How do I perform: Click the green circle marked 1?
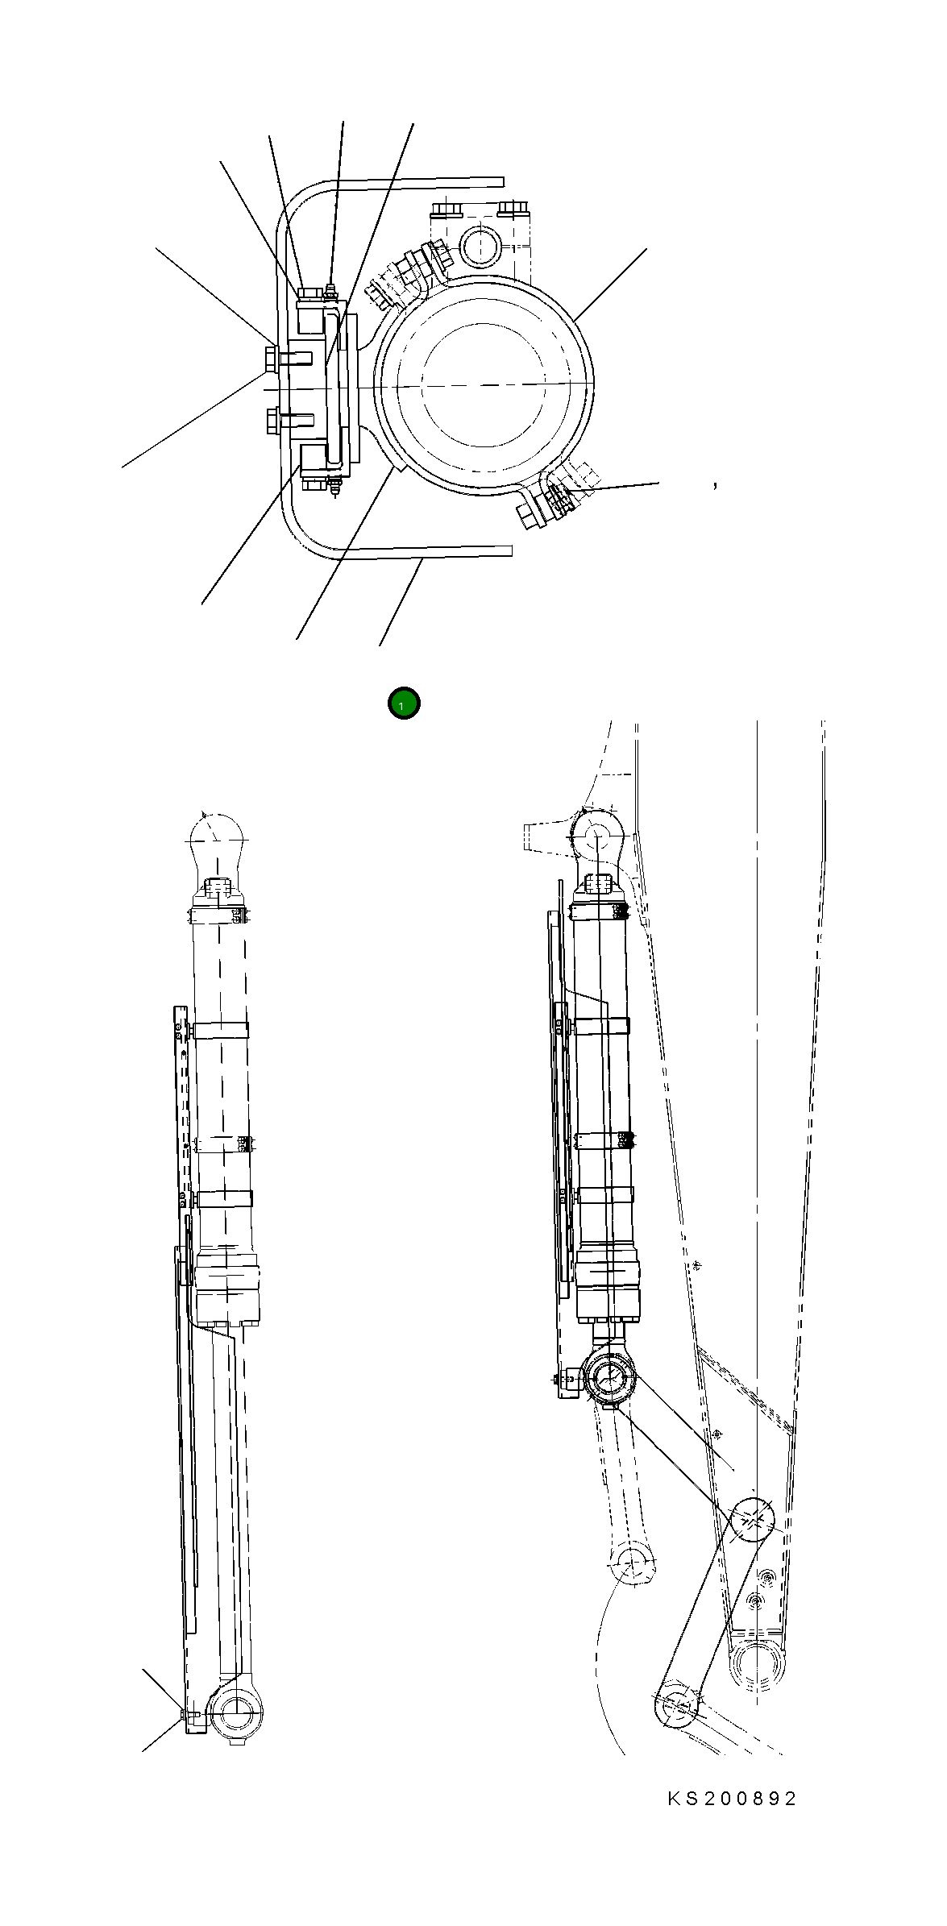coord(404,704)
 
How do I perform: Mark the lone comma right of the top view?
coord(715,485)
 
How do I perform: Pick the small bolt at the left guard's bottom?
coord(185,1712)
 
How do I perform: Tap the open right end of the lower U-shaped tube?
coord(508,550)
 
